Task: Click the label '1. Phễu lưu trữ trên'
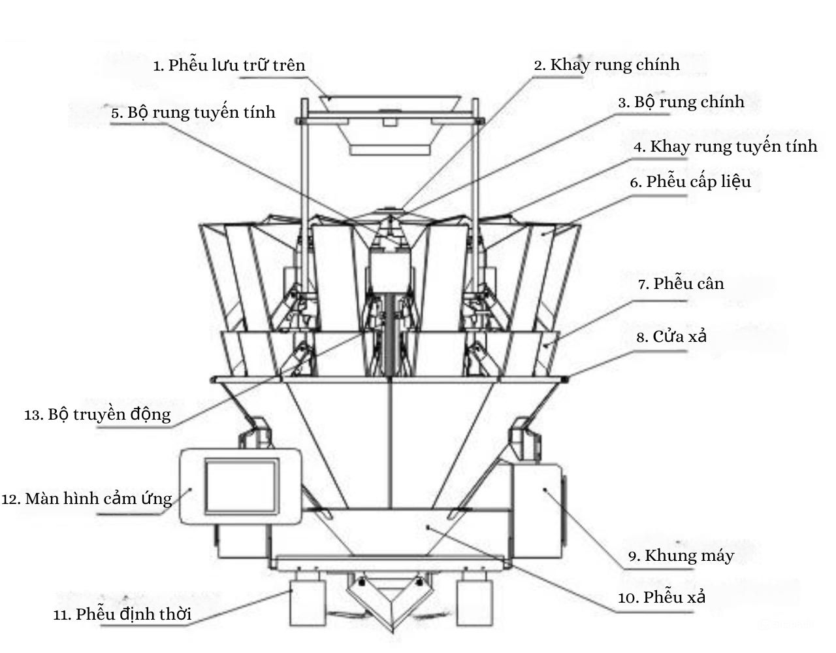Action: pos(229,65)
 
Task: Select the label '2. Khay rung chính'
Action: pos(607,65)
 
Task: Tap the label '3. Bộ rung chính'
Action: pos(681,102)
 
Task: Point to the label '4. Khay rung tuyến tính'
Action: pos(725,146)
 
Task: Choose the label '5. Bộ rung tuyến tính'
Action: pos(193,112)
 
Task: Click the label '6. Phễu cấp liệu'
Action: pos(690,182)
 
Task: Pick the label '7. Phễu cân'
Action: pos(681,284)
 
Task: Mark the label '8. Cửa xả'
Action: pos(671,337)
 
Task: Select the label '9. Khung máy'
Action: pos(681,556)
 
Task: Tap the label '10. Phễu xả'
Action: pos(662,597)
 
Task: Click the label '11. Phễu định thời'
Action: pos(122,614)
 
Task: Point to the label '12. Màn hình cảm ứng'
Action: pos(87,499)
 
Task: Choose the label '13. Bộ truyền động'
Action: pos(98,414)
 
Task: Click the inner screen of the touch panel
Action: pos(242,486)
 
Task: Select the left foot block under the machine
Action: pos(308,600)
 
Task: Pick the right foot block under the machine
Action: pos(473,600)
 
